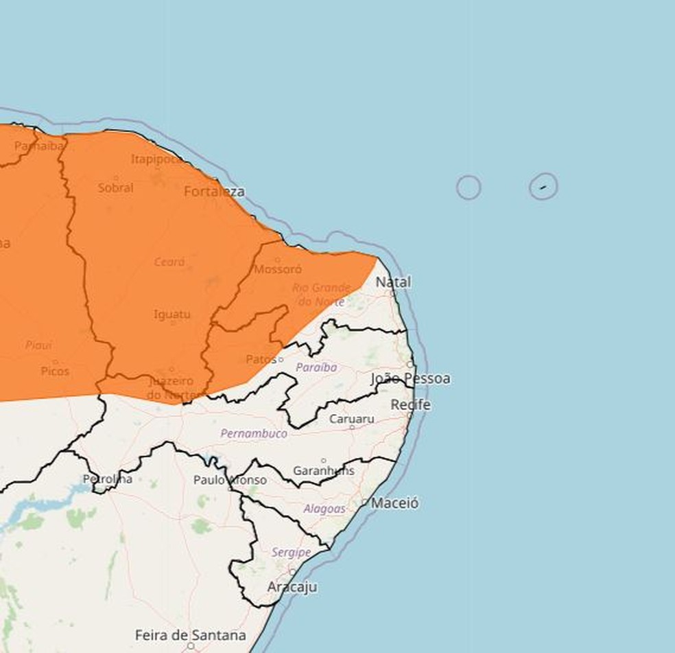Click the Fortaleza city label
tap(214, 192)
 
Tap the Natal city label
tap(394, 282)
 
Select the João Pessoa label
tap(410, 378)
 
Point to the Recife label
tap(410, 405)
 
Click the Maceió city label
tap(394, 503)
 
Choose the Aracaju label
tap(292, 587)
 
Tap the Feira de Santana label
tap(190, 635)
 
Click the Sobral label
tap(115, 187)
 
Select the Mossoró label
tap(278, 270)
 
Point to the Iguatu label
tap(171, 314)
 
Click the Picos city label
tap(55, 371)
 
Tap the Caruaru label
tap(351, 419)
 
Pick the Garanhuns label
tap(324, 470)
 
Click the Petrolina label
tap(108, 479)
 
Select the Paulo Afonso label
tap(230, 480)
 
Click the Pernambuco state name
tap(254, 434)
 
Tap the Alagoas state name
tap(324, 509)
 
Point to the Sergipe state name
tap(291, 552)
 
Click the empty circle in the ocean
tap(469, 187)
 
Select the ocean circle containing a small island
tap(543, 186)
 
